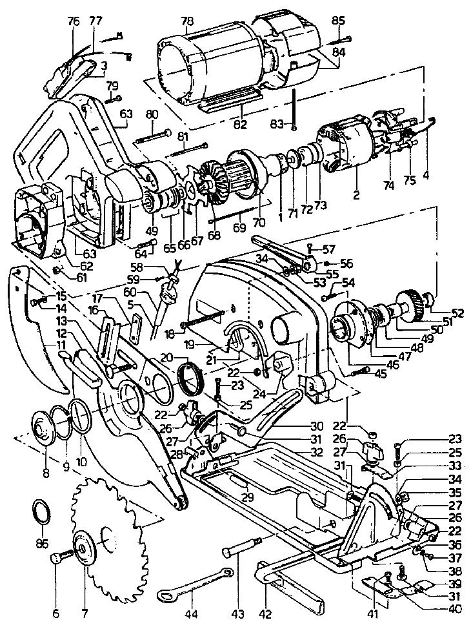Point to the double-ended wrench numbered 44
tap(193, 585)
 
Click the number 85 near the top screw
tap(338, 21)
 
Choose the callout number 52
tap(457, 313)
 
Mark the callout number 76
tap(73, 21)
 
